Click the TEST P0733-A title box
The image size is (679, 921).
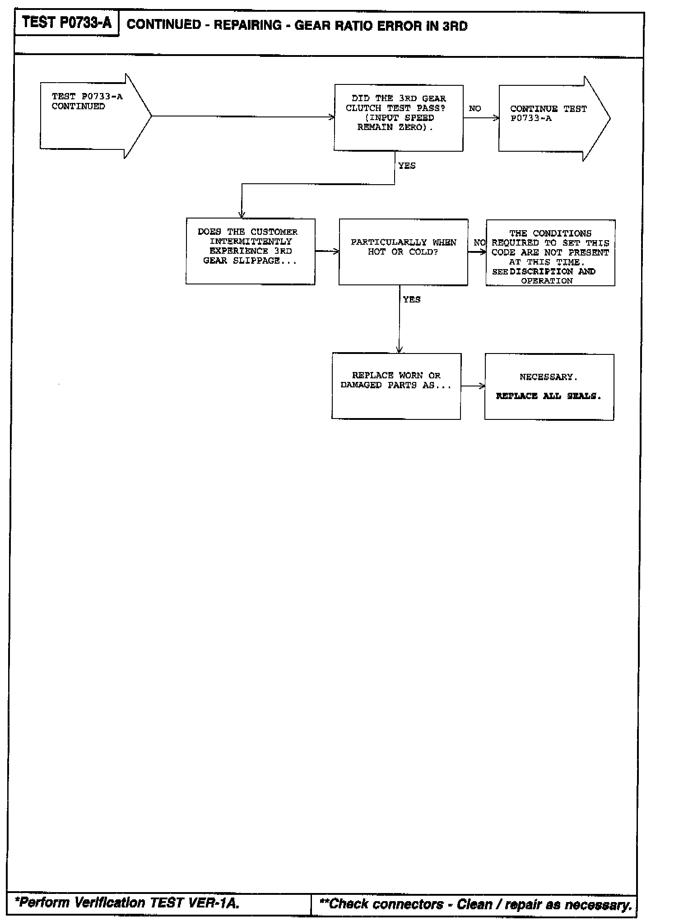pos(66,23)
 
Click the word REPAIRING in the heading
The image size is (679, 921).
pos(247,25)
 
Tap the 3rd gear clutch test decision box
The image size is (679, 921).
pos(398,117)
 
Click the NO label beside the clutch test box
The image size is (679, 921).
pos(474,109)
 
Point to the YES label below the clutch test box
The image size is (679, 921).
pos(407,166)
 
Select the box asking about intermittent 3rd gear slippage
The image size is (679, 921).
pos(250,251)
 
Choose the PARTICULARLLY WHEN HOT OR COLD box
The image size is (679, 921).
pos(403,252)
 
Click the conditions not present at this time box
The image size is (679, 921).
pos(550,252)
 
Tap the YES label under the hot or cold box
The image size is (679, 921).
pos(411,300)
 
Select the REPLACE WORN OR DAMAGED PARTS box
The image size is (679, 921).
pos(396,386)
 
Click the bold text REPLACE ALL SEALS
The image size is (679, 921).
pos(549,396)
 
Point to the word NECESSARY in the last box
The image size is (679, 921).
pos(549,377)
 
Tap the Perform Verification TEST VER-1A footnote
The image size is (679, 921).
pos(127,902)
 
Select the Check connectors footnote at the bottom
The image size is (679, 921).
pos(475,904)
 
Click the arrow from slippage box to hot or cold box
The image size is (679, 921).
pos(327,251)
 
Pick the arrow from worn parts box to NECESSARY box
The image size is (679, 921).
pos(473,386)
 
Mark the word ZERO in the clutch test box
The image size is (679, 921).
pos(410,127)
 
